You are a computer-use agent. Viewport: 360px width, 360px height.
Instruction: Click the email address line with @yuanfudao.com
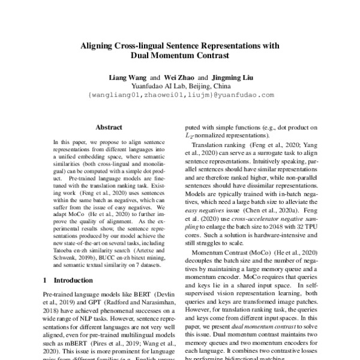click(x=181, y=95)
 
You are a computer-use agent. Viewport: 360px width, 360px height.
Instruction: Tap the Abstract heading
click(x=109, y=127)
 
